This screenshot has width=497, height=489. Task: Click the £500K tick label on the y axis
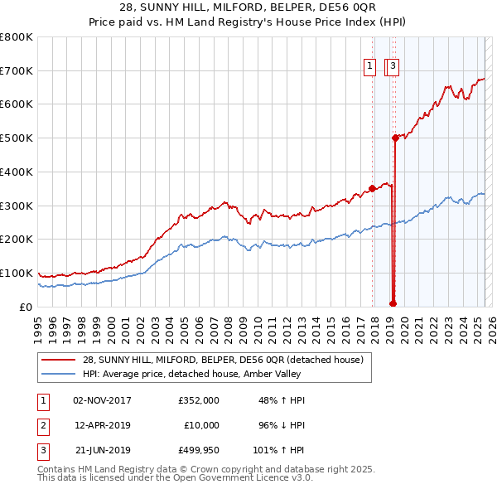click(17, 138)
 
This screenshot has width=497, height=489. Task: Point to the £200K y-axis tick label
click(17, 240)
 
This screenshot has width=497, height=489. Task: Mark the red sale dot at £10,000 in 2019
click(393, 303)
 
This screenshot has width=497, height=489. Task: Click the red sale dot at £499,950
click(396, 138)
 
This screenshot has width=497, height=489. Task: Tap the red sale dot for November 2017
click(372, 188)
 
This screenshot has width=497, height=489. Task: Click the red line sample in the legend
click(58, 360)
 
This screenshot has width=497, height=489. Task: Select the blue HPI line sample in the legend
click(58, 374)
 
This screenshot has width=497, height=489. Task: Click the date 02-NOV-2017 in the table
click(102, 400)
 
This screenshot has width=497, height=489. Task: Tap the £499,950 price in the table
click(199, 451)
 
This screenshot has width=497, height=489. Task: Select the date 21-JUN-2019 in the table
click(102, 451)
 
